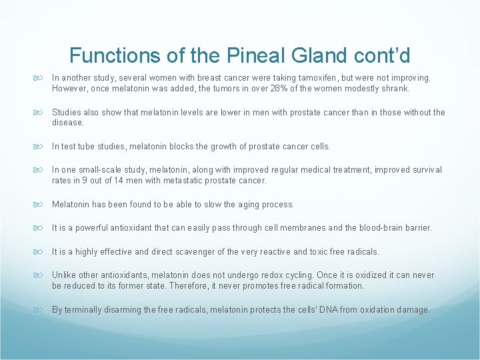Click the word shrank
[x=394, y=88]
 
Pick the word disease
[x=67, y=122]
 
